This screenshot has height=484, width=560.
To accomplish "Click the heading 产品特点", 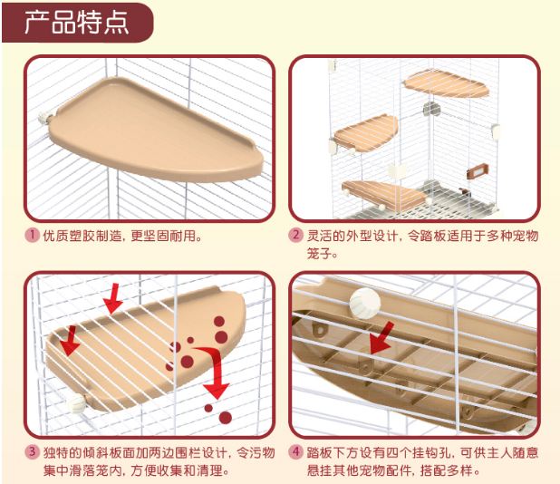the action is click(x=76, y=23).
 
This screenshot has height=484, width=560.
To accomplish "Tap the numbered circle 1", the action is click(x=32, y=235).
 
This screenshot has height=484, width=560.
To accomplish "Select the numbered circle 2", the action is click(x=295, y=235).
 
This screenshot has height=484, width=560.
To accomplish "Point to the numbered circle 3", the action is click(x=32, y=452).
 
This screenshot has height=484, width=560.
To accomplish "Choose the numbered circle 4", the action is click(x=295, y=452).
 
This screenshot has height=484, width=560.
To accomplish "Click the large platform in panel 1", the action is click(x=156, y=131).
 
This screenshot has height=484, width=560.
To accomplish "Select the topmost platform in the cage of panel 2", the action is click(x=446, y=84).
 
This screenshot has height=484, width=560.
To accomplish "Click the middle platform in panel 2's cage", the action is click(x=365, y=131).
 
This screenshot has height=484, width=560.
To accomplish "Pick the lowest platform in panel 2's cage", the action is click(x=384, y=195).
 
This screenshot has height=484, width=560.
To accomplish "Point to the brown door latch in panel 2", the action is click(x=478, y=171).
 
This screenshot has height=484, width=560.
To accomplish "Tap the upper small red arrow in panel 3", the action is click(x=113, y=298).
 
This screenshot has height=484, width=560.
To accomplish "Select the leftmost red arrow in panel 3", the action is click(x=70, y=341).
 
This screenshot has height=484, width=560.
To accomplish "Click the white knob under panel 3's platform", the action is click(x=76, y=403).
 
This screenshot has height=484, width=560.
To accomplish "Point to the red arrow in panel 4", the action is click(x=381, y=337).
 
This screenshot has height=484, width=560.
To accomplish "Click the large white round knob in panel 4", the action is click(x=364, y=303).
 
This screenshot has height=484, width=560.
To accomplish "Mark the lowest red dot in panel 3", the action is click(x=226, y=417).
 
